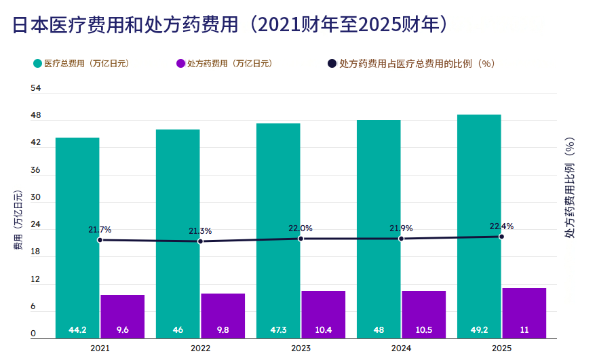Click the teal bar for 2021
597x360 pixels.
(77, 238)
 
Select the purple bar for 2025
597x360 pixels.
(524, 313)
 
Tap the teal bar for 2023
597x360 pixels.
(278, 231)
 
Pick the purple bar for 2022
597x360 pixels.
(223, 316)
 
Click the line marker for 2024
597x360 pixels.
(401, 239)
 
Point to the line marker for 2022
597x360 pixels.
(201, 241)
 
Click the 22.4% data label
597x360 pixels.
(501, 226)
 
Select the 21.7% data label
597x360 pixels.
(100, 230)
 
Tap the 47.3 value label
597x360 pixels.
(278, 330)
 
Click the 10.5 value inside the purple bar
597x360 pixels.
(424, 330)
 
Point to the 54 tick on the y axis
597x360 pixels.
(35, 88)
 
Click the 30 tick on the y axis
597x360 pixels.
(35, 197)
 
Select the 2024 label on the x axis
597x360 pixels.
(401, 348)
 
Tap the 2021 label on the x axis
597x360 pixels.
(100, 348)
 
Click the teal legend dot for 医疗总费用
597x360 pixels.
(37, 64)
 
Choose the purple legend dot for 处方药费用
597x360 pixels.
(180, 64)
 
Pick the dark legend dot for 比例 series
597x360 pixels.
(332, 64)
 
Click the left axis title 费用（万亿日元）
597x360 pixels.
(18, 220)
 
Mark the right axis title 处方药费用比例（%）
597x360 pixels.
(570, 188)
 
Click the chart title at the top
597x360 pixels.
(231, 24)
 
